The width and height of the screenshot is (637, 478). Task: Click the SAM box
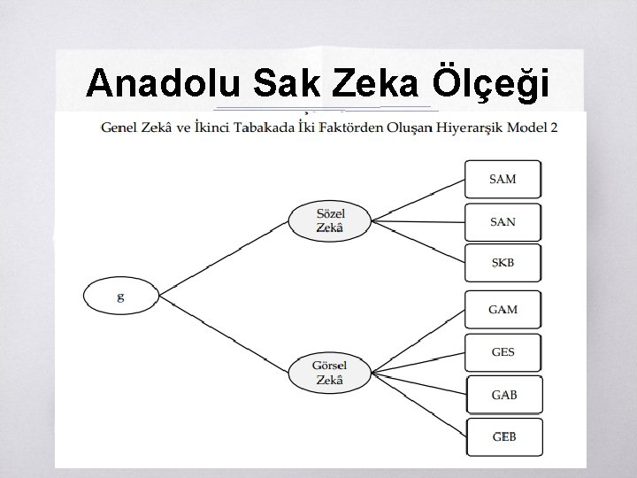tap(503, 179)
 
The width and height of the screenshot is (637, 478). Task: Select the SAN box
tap(503, 221)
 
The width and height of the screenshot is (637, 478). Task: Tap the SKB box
tap(503, 263)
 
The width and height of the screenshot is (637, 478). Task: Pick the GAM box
tap(503, 309)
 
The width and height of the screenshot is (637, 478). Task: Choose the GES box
tap(503, 351)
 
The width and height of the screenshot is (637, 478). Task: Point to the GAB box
tap(503, 395)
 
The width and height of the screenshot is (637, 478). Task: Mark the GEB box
tap(503, 436)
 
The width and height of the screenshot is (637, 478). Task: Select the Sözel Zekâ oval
tap(329, 220)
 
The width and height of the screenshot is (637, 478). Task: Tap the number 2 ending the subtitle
tap(554, 127)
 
